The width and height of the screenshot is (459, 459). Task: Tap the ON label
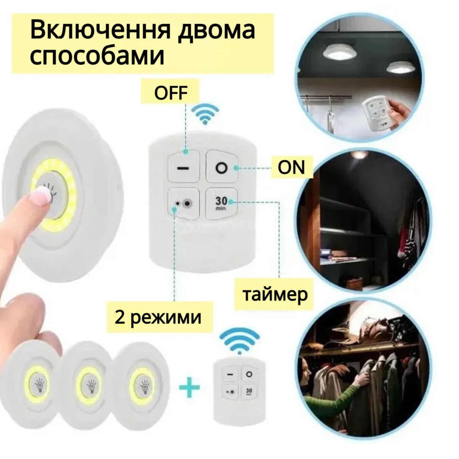point(291,167)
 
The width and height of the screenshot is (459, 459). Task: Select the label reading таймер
point(275,295)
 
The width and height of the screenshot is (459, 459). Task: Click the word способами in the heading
point(97,57)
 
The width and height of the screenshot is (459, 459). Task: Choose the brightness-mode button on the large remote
point(184,203)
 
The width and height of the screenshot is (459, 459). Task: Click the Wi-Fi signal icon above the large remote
point(205,115)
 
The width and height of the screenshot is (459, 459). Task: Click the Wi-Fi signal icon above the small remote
point(239,341)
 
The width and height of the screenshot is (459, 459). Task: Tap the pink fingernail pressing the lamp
point(42,195)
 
